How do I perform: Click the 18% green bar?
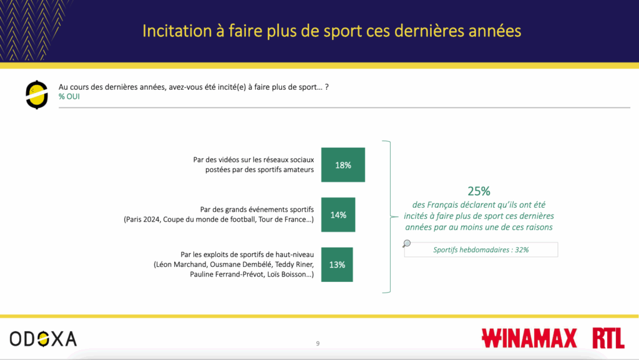pyautogui.click(x=343, y=165)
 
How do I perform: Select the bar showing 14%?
pyautogui.click(x=338, y=215)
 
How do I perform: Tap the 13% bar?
pyautogui.click(x=336, y=265)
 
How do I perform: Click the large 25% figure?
pyautogui.click(x=479, y=191)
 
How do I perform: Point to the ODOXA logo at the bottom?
pyautogui.click(x=43, y=339)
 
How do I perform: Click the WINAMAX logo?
pyautogui.click(x=529, y=338)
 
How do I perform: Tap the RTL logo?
pyautogui.click(x=608, y=338)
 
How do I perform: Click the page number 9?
pyautogui.click(x=318, y=344)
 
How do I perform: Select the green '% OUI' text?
pyautogui.click(x=69, y=97)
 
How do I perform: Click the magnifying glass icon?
pyautogui.click(x=406, y=243)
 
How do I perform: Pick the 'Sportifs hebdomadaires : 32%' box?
pyautogui.click(x=481, y=250)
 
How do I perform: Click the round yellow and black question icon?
pyautogui.click(x=37, y=95)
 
